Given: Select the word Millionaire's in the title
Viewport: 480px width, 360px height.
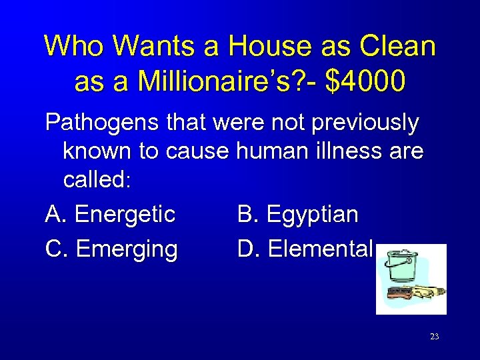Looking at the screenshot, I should pos(210,81).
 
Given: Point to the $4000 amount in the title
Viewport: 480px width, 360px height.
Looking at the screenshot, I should pos(365,81).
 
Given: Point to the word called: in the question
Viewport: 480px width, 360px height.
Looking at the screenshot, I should pos(98,181).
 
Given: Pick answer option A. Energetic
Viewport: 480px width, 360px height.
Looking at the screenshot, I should pos(111,215).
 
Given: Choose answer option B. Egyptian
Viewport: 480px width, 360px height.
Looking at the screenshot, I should pos(298,215).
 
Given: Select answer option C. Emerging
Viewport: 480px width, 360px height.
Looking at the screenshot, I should pos(111,249).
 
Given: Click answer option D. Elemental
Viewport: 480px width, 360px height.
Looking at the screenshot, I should pos(305,249).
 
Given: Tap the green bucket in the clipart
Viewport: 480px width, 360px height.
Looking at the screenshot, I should pos(399,265).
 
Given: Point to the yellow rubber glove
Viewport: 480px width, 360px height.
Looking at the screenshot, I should pos(430,291).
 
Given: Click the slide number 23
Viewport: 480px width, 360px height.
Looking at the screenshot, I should pos(434,337).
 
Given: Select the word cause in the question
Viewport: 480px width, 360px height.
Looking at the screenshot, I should pos(198,151).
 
